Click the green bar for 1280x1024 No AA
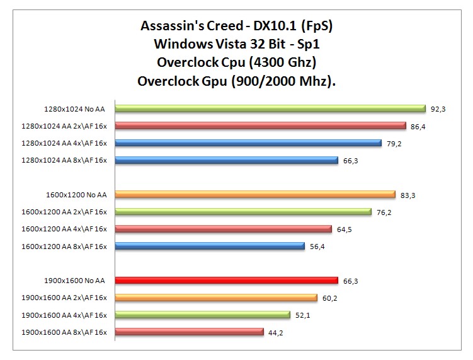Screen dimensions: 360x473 [x=270, y=108]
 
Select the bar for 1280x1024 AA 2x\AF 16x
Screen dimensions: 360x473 [x=260, y=125]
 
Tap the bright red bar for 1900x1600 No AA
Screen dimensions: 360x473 [x=227, y=281]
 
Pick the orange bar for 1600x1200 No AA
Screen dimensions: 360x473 [x=255, y=195]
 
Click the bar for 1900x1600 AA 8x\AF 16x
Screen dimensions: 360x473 [x=189, y=332]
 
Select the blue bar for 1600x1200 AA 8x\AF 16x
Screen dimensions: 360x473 [x=210, y=246]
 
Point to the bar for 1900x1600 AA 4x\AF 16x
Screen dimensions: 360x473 [x=202, y=315]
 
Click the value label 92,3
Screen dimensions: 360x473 [x=438, y=109]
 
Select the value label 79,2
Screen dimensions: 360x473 [x=394, y=143]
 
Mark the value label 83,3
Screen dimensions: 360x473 [x=408, y=195]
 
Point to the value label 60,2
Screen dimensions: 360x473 [x=330, y=298]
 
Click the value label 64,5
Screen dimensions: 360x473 [x=344, y=229]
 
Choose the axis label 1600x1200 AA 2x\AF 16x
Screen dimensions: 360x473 [x=64, y=212]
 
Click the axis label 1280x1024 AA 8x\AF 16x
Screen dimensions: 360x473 [x=64, y=160]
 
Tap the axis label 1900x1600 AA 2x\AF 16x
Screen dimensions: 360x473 [x=64, y=298]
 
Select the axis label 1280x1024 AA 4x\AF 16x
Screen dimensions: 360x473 [x=64, y=143]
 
